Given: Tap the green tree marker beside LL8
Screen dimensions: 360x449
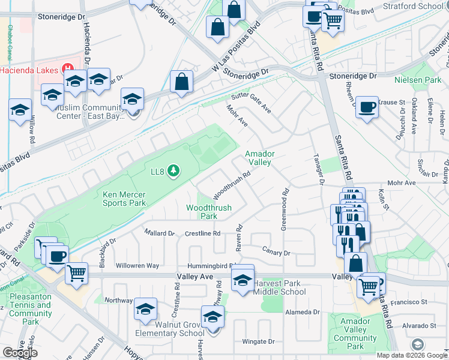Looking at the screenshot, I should pos(174,172).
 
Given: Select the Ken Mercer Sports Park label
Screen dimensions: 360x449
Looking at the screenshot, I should pos(124,199).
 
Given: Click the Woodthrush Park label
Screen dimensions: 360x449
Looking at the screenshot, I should pos(208,212).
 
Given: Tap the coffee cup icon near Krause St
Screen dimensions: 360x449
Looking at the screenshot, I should pos(367,107).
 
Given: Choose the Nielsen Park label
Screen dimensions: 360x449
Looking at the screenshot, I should pos(417,80).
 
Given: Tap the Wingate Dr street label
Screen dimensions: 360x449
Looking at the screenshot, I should pos(258,342).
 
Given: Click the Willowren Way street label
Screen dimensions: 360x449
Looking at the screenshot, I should pos(137,265).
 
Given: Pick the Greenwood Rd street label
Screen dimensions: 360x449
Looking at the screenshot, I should pos(285,210).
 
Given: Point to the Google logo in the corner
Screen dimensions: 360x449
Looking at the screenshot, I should pos(19,353).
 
